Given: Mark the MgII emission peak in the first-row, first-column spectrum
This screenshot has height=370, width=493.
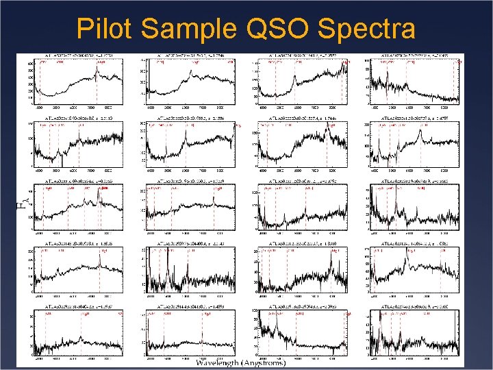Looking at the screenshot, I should pyautogui.click(x=98, y=68).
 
